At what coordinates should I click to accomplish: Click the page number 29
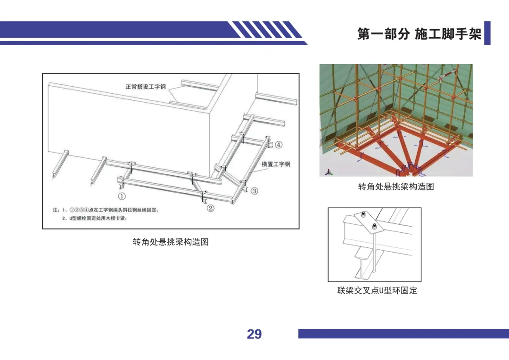pos(254,334)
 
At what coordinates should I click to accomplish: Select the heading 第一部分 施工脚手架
pos(419,34)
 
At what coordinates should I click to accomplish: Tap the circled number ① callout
pos(122,196)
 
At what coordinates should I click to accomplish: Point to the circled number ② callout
pos(210,208)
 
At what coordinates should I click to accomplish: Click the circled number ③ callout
pos(254,191)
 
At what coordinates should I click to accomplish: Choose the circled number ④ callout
pos(279,145)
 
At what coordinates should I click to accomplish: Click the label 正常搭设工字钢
pos(146,87)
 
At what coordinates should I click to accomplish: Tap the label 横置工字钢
pos(276,164)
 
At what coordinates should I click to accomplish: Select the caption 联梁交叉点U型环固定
pos(377,290)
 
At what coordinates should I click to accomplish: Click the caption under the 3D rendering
pos(396,186)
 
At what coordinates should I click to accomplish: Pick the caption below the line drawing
pos(171,242)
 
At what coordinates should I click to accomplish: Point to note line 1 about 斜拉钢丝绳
pos(106,210)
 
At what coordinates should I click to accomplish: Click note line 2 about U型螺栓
pos(94,218)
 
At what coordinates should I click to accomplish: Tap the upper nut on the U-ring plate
pos(363,214)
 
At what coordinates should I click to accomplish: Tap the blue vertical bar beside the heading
pos(487,33)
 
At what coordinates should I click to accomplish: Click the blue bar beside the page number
pos(403,334)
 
